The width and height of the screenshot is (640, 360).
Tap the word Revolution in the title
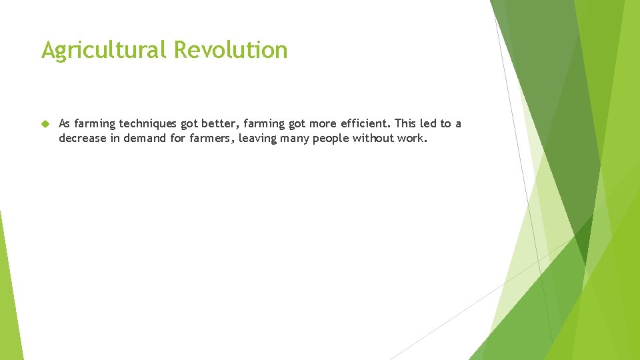pos(231,50)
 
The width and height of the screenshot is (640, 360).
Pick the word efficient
pos(365,124)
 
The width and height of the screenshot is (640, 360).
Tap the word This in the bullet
pos(406,124)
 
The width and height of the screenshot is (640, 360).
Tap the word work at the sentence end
pos(414,139)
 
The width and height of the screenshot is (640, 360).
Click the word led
pos(430,124)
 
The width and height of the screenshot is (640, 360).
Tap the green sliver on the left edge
pos(9,293)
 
